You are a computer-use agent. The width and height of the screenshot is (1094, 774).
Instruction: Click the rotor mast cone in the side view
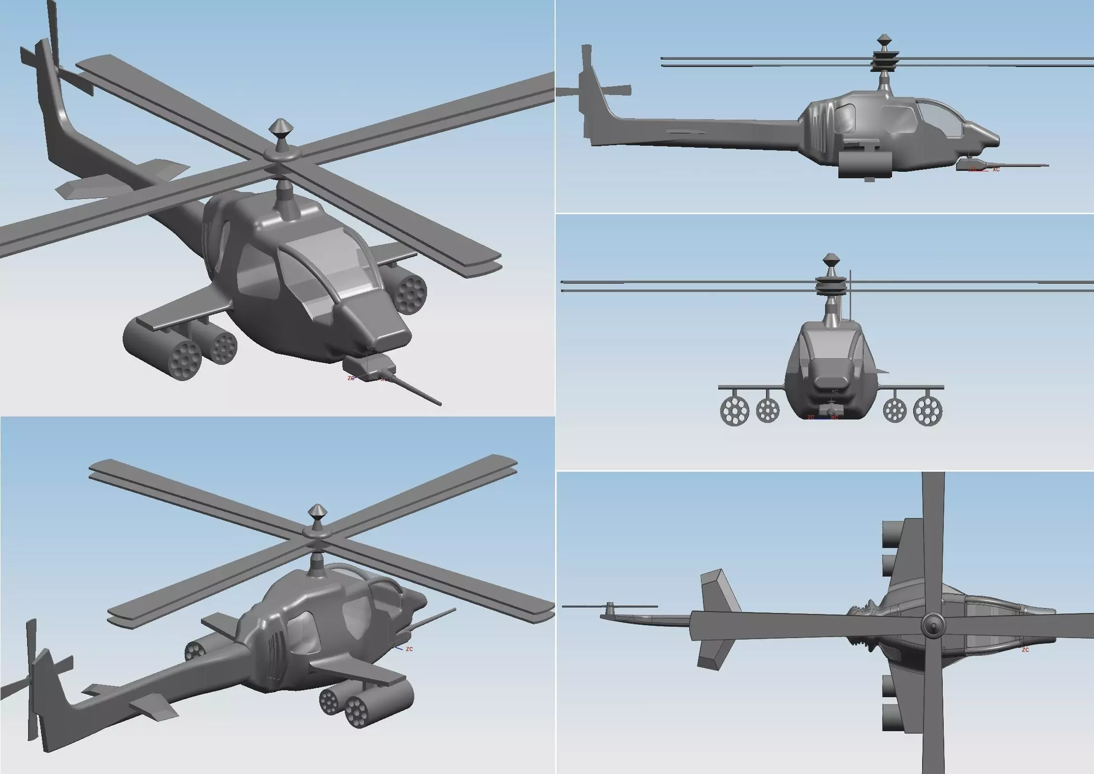[x=884, y=40]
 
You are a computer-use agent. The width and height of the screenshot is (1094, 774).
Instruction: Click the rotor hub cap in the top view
[x=932, y=626]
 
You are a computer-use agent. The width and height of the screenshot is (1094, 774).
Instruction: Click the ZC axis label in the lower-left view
[x=409, y=649]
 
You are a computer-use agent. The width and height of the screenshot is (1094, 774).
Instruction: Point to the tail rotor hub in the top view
[x=609, y=605]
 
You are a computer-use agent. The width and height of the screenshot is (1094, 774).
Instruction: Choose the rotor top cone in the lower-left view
[x=318, y=513]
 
